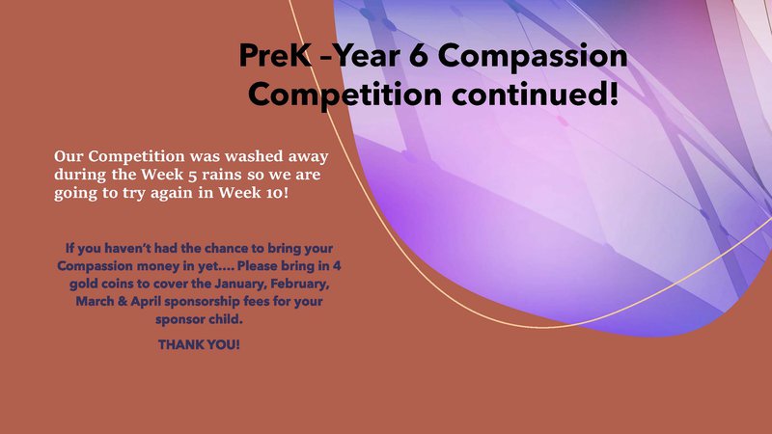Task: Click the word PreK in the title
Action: pyautogui.click(x=275, y=55)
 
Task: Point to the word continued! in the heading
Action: pyautogui.click(x=536, y=94)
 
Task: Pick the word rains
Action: pyautogui.click(x=221, y=175)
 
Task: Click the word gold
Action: pyautogui.click(x=83, y=285)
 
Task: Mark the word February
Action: pyautogui.click(x=300, y=284)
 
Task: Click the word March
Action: pyautogui.click(x=95, y=301)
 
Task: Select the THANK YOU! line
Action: pyautogui.click(x=199, y=344)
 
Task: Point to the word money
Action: pyautogui.click(x=158, y=267)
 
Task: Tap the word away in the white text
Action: pyautogui.click(x=308, y=157)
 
